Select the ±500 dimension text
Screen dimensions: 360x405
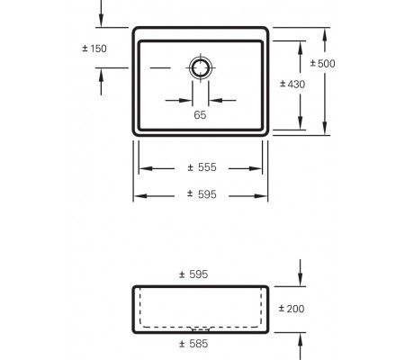pos(322,64)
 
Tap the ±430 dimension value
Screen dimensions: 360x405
pos(290,84)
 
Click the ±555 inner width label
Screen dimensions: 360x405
pos(202,168)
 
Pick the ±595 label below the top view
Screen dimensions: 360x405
pos(202,195)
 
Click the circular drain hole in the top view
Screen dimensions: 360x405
pos(200,67)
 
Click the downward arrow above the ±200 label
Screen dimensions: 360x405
pos(300,280)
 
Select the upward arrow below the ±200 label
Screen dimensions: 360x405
pos(300,338)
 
